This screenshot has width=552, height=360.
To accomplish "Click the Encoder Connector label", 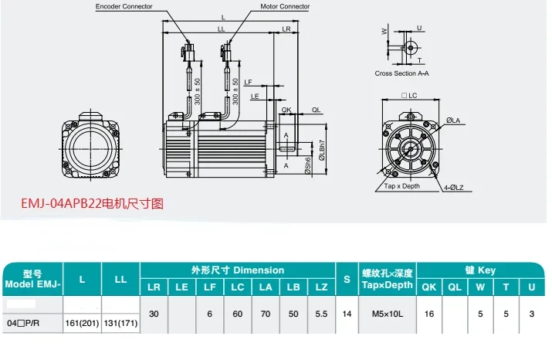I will click(x=124, y=6).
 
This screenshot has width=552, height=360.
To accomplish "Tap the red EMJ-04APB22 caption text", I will click(x=92, y=204).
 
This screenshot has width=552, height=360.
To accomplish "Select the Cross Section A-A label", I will click(x=401, y=73).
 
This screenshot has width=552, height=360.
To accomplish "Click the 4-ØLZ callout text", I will click(x=459, y=186).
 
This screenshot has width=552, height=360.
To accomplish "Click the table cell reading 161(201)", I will click(x=82, y=323).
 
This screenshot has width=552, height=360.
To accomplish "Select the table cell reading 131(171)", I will click(x=120, y=323).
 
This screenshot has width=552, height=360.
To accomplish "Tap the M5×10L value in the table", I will click(x=388, y=314).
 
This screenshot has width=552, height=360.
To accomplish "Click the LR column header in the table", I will click(x=154, y=287).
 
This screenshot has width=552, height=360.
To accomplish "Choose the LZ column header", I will click(x=320, y=287).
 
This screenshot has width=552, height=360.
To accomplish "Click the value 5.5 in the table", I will click(x=320, y=314).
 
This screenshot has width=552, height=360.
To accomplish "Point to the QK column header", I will click(x=429, y=287).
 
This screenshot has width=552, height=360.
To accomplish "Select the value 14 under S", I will click(x=347, y=314).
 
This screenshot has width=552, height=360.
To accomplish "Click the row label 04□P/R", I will click(x=25, y=323).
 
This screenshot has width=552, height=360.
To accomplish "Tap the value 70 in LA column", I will click(x=265, y=314).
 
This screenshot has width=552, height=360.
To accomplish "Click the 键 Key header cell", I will click(x=480, y=270).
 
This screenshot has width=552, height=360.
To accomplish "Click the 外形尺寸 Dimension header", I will click(x=237, y=270).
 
